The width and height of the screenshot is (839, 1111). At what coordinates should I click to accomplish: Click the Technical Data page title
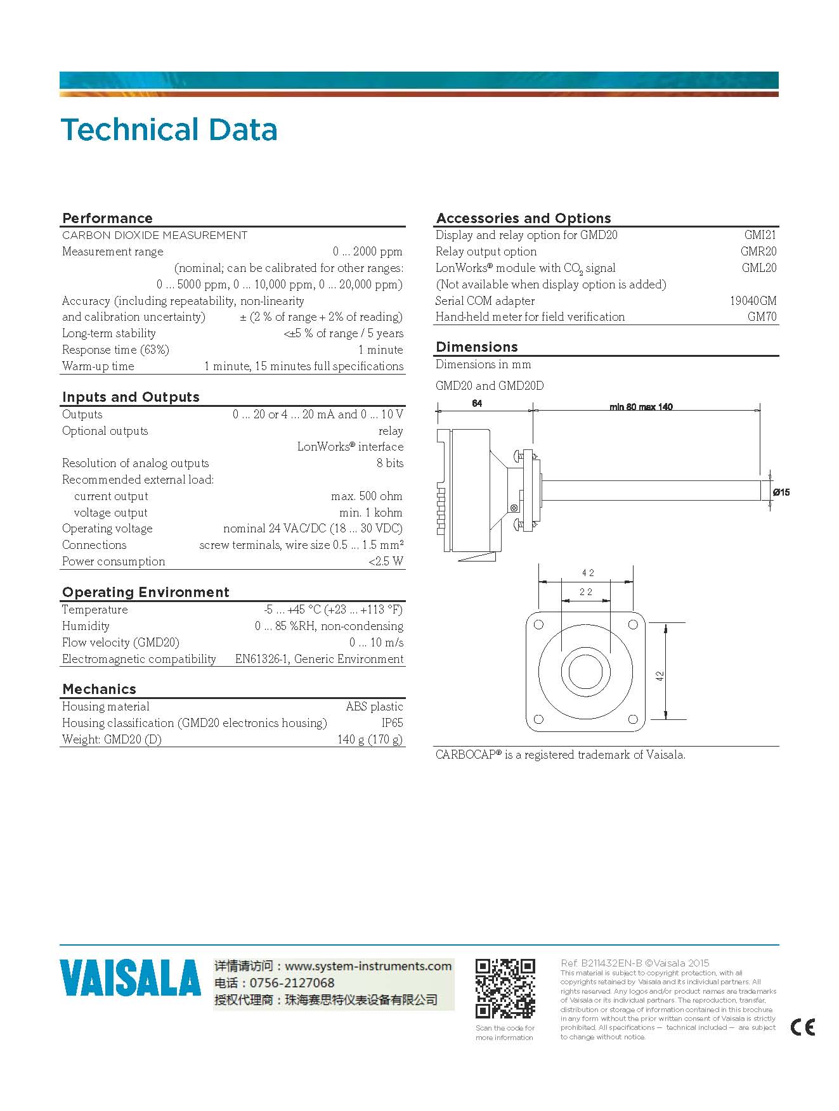pyautogui.click(x=169, y=130)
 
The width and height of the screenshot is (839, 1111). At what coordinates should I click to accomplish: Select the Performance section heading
pyautogui.click(x=107, y=218)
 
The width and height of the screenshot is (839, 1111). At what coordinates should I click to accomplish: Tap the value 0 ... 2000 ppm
pyautogui.click(x=367, y=252)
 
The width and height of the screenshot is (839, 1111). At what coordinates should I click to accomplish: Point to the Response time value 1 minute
pyautogui.click(x=380, y=350)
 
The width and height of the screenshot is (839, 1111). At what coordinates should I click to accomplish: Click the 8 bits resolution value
pyautogui.click(x=390, y=463)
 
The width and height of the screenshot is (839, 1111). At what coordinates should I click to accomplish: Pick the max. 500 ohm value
pyautogui.click(x=367, y=496)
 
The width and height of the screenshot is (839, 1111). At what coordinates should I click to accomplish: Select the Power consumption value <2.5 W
pyautogui.click(x=386, y=562)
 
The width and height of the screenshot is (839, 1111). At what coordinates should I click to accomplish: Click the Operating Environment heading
pyautogui.click(x=145, y=592)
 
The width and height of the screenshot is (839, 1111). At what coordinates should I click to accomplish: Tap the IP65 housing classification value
pyautogui.click(x=392, y=723)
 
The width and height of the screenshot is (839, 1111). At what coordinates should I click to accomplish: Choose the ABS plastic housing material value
pyautogui.click(x=374, y=707)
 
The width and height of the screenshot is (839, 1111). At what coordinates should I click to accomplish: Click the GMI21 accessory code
pyautogui.click(x=760, y=235)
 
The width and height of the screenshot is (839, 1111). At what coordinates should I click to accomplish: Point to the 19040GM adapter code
pyautogui.click(x=753, y=301)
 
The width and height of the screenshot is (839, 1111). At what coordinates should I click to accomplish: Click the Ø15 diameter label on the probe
pyautogui.click(x=781, y=492)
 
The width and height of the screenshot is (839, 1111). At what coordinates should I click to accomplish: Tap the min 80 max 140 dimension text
pyautogui.click(x=641, y=407)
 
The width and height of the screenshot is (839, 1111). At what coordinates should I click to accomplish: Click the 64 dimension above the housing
pyautogui.click(x=477, y=404)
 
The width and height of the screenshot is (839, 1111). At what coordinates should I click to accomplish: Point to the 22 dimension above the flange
pyautogui.click(x=586, y=592)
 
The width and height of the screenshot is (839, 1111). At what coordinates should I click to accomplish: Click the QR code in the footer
pyautogui.click(x=505, y=989)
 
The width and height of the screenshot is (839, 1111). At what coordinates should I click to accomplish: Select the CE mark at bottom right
pyautogui.click(x=803, y=1027)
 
